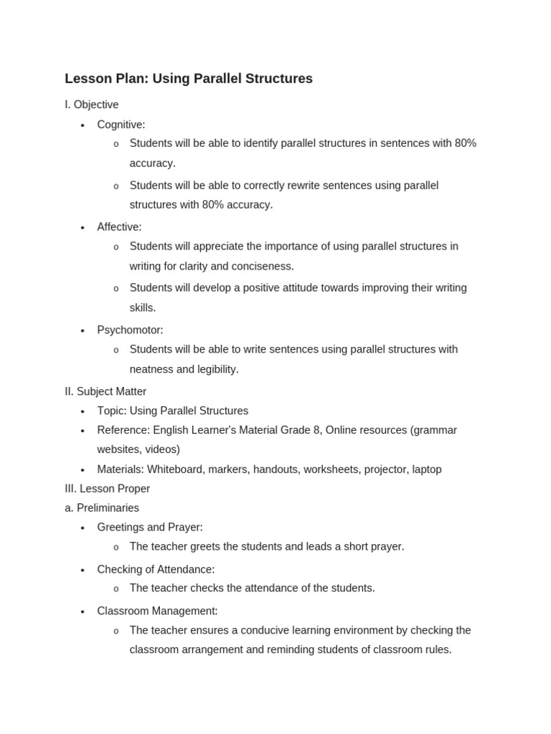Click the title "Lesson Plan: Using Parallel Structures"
189,79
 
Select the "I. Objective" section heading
92,105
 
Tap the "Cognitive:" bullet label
121,125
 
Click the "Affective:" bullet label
119,227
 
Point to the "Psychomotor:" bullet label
130,330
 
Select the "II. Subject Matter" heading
105,391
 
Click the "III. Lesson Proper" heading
108,489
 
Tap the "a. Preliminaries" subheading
102,508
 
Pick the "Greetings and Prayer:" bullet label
150,528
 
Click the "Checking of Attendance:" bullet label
156,570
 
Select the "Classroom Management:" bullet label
157,611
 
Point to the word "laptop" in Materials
427,470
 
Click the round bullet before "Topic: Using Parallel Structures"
83,411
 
